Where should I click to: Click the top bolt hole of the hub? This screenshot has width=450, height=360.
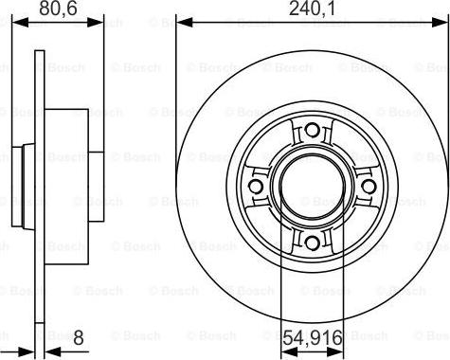pos(311,132)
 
